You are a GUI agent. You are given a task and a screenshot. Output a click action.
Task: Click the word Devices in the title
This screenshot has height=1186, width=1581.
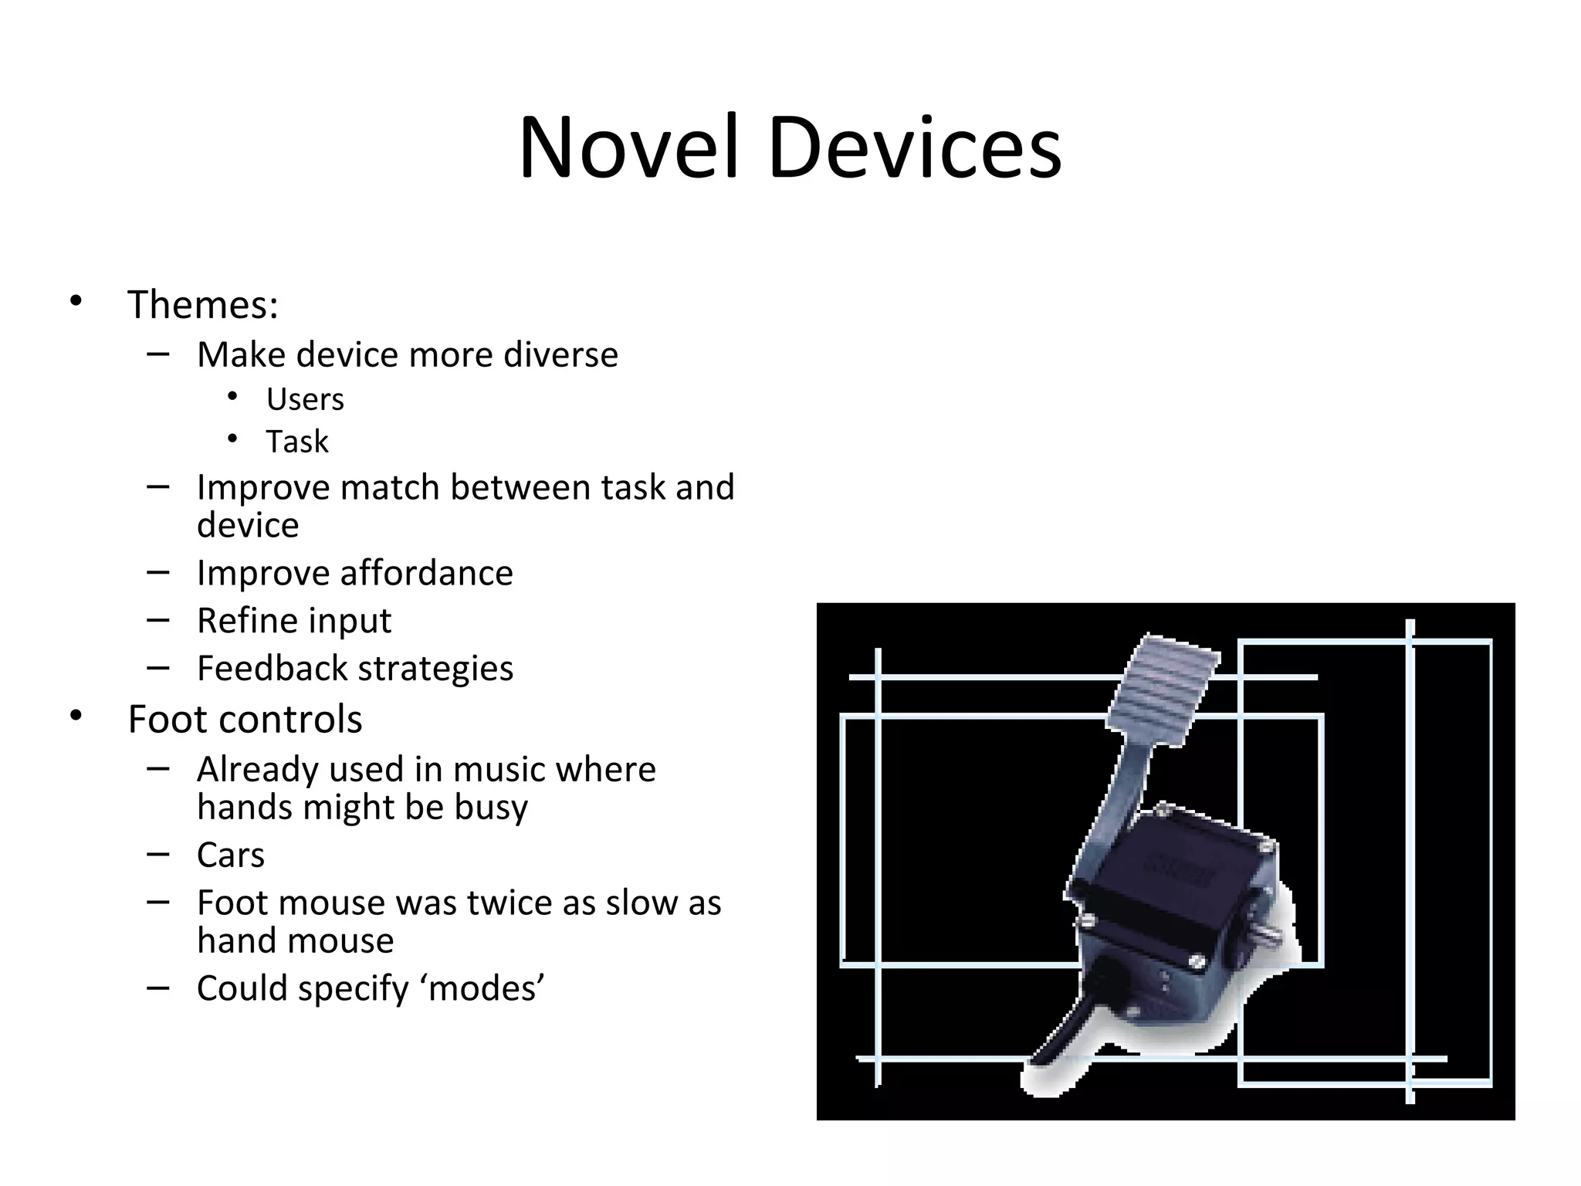914,148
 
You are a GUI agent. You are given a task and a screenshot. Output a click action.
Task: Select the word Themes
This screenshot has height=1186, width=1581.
201,304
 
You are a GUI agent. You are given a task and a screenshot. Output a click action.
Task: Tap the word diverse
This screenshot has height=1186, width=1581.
560,355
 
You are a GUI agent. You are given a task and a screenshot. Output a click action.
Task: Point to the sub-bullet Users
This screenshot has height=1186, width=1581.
305,400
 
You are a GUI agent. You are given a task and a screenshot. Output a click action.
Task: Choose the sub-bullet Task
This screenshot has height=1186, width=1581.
297,442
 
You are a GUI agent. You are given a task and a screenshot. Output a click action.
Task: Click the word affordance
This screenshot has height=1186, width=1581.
426,574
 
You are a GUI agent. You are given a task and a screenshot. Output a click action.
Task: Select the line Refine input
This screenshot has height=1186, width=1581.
294,621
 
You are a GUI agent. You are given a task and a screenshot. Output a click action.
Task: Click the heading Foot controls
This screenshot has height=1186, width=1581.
245,720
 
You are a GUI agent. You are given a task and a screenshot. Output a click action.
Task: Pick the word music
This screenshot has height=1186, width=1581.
499,770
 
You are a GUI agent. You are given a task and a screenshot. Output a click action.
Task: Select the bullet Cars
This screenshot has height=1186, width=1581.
231,856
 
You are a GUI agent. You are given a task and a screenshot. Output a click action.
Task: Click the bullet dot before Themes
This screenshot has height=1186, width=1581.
75,301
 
